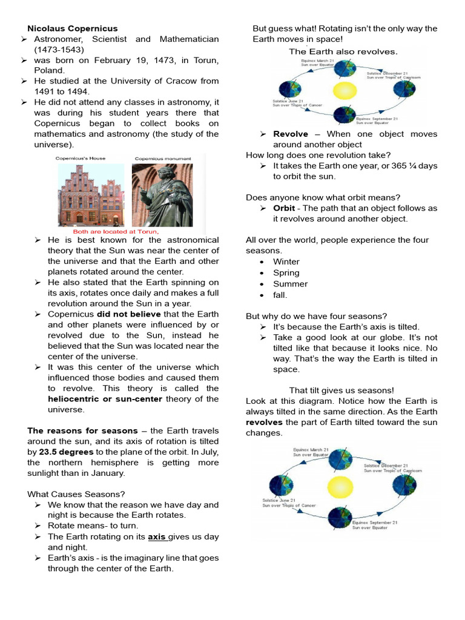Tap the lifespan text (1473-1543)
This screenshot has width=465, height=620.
coord(59,50)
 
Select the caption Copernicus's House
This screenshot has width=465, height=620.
coord(81,159)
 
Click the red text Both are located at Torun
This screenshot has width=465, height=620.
coord(116,231)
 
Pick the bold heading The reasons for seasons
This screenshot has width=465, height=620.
coord(82,430)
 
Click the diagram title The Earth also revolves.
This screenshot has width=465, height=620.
coord(343,51)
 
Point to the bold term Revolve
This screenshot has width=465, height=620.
coord(291,134)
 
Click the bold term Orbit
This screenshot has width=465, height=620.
coord(284,208)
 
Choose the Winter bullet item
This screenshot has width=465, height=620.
coord(286,262)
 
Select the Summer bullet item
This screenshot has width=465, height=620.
coord(290,283)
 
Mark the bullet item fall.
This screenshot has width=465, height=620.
coord(280,295)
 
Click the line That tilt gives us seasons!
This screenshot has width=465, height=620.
coord(341,391)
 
